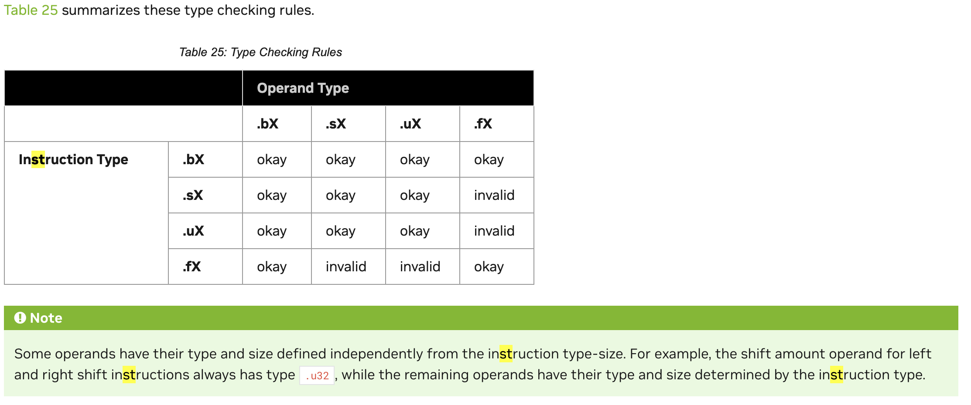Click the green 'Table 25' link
(x=31, y=10)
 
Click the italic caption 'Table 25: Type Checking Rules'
(x=260, y=52)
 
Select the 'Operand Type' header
(x=303, y=88)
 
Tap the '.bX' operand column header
(x=267, y=124)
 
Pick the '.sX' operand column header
(x=335, y=124)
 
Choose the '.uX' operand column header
(x=410, y=124)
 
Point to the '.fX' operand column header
(x=483, y=124)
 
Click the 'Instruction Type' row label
(x=73, y=159)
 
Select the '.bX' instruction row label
(x=193, y=159)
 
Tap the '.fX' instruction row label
(x=192, y=267)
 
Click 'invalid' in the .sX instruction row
(x=494, y=195)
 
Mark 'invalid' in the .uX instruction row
(x=494, y=231)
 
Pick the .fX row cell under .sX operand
(x=346, y=267)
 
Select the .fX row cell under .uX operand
(x=420, y=267)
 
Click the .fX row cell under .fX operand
(x=489, y=267)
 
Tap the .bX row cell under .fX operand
(x=489, y=159)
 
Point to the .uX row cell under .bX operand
(x=272, y=231)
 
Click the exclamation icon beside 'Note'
(x=20, y=318)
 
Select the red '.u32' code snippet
(x=317, y=375)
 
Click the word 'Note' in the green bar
(x=46, y=318)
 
